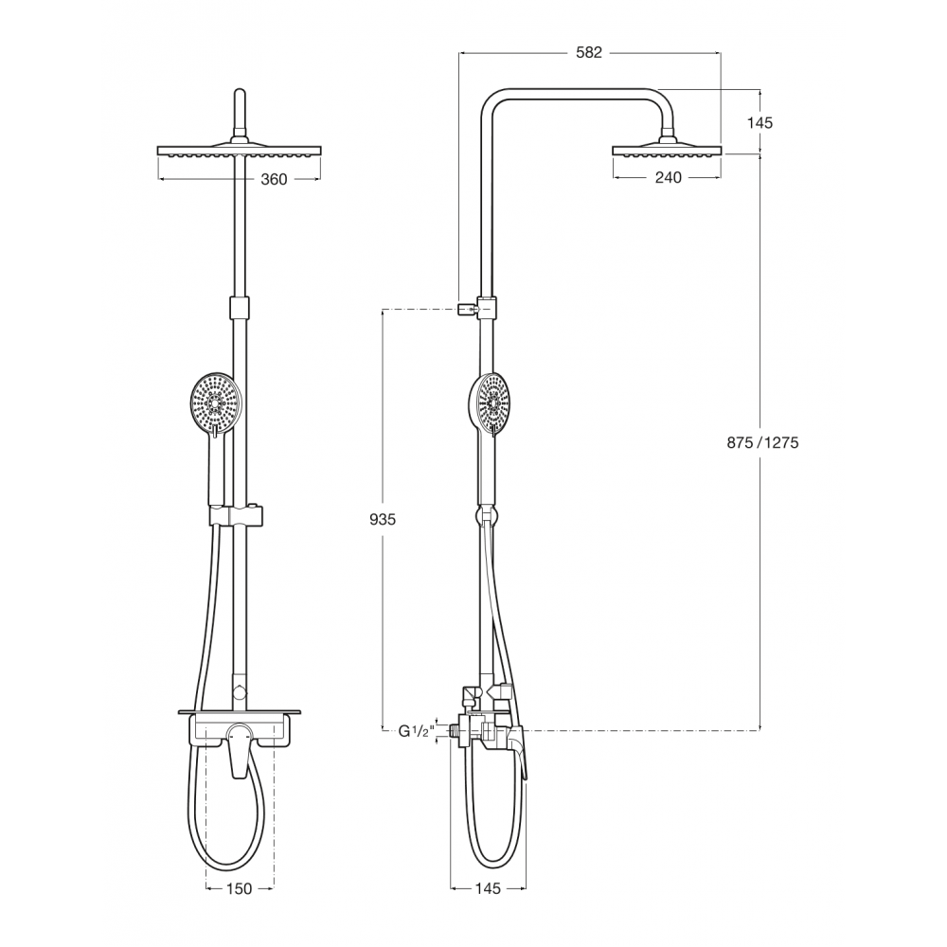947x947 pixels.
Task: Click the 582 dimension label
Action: (x=589, y=52)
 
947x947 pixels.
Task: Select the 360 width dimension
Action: (x=274, y=179)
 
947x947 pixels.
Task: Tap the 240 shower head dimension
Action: (x=668, y=177)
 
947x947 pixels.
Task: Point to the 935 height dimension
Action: (x=383, y=519)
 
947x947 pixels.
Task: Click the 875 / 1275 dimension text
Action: (x=762, y=442)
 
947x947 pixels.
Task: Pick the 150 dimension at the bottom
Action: (x=240, y=888)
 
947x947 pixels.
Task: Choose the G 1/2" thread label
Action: (x=416, y=731)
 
